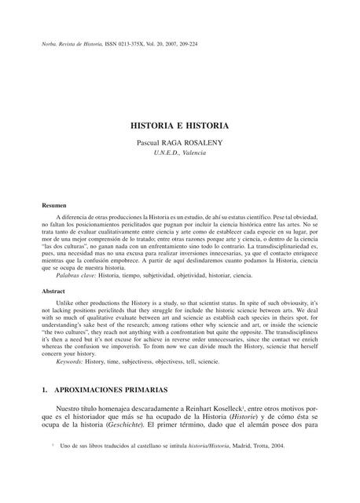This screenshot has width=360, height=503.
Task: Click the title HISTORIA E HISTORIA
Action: (179, 126)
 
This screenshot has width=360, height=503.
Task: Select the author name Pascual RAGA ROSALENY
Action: (179, 142)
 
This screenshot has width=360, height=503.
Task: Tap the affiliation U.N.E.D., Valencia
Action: (179, 152)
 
